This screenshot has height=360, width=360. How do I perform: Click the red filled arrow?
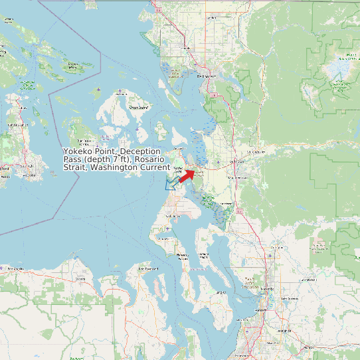187,174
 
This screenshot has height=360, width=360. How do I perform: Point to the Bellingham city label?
207,76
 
